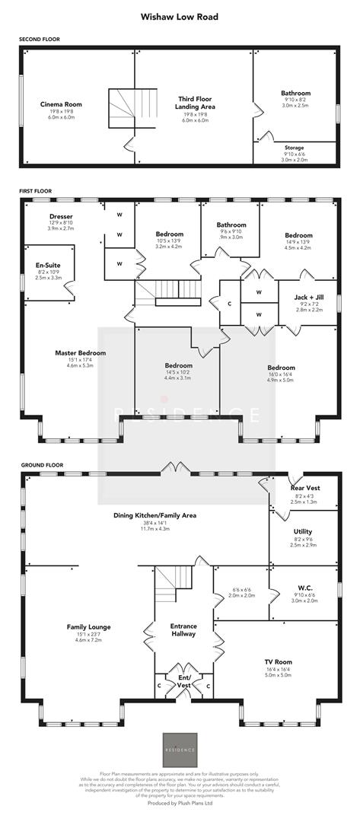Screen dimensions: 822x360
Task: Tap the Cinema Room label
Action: (x=61, y=104)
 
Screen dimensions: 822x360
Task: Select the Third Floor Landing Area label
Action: (x=195, y=103)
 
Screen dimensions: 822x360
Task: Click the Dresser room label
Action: (x=61, y=215)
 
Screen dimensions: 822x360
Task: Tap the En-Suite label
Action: (x=47, y=266)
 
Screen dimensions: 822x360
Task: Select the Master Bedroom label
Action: (x=80, y=353)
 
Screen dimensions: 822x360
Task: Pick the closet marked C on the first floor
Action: (x=230, y=303)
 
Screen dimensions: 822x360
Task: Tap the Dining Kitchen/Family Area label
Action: (x=155, y=515)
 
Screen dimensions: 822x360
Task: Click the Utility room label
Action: (x=303, y=532)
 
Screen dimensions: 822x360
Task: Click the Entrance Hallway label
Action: (x=183, y=629)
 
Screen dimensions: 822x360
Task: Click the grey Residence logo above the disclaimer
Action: (x=180, y=750)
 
